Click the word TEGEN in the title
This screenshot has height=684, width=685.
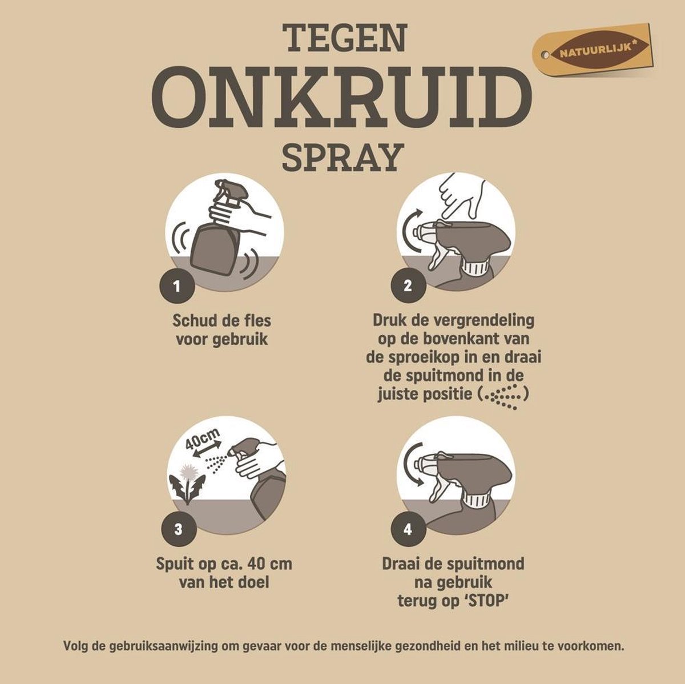pyautogui.click(x=346, y=38)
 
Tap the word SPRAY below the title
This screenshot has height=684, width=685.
pyautogui.click(x=342, y=157)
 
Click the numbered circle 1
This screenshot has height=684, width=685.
pyautogui.click(x=177, y=285)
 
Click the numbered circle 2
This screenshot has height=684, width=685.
pyautogui.click(x=407, y=285)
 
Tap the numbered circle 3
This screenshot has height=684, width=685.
pyautogui.click(x=178, y=529)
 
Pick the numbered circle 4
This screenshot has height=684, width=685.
pyautogui.click(x=408, y=529)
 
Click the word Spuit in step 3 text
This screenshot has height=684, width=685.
pyautogui.click(x=176, y=564)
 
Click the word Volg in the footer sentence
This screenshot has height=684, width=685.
pyautogui.click(x=76, y=647)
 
